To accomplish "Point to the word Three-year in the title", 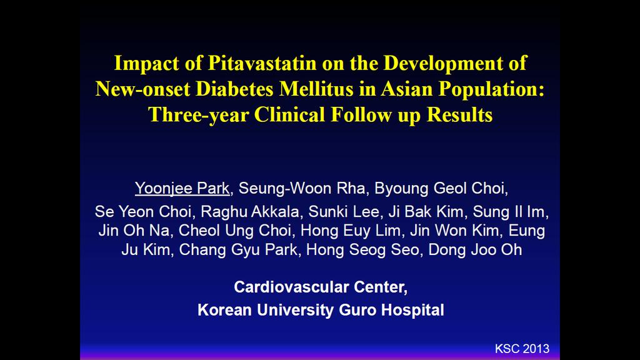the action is [x=198, y=115].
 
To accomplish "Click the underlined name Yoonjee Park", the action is [x=182, y=189].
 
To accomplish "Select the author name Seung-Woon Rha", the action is [x=302, y=189].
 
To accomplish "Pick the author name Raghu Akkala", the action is [x=250, y=212].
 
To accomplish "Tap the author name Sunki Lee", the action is [x=344, y=212].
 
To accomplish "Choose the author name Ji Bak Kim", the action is [x=426, y=212].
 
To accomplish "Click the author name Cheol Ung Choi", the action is [x=235, y=231].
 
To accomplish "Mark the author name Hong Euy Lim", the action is [x=351, y=231].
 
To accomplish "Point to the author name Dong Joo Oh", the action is [x=475, y=250].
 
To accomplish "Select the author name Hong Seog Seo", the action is [x=362, y=250].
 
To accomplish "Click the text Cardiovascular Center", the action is [x=321, y=287].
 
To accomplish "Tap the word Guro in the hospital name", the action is [x=358, y=310].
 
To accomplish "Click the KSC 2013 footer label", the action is [x=522, y=349].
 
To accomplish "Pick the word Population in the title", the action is [x=491, y=89].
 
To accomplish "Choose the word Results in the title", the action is [x=459, y=115].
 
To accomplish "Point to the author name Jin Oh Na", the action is [x=134, y=231].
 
